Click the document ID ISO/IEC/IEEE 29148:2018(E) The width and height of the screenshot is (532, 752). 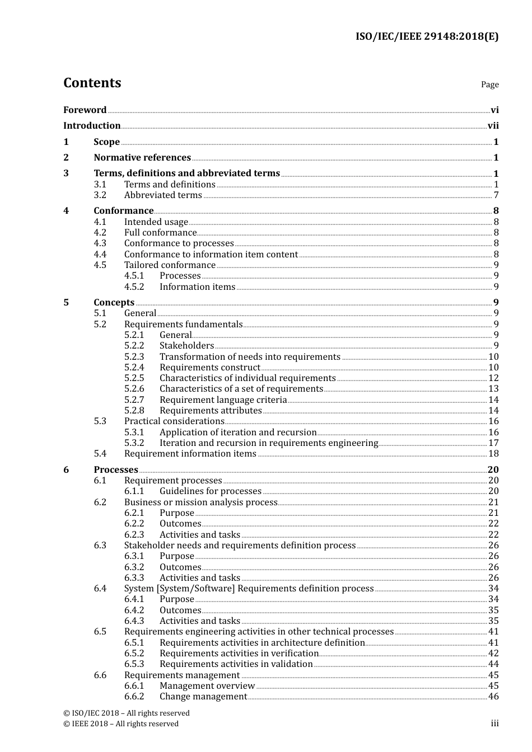[x=427, y=37]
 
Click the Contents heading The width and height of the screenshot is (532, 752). [x=92, y=83]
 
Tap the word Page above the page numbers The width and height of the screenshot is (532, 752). [x=489, y=84]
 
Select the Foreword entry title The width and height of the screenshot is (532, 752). [x=85, y=110]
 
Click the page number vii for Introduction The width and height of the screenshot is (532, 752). [x=493, y=126]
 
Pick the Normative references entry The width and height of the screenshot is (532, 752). [x=142, y=158]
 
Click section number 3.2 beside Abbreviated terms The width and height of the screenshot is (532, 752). [x=100, y=195]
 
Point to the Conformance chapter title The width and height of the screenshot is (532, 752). [x=123, y=211]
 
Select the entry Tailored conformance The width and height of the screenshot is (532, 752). [x=170, y=265]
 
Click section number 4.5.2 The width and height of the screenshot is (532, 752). [x=134, y=287]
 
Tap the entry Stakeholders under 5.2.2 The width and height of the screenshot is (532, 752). [x=186, y=346]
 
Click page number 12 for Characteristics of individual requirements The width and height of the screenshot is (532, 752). [x=493, y=378]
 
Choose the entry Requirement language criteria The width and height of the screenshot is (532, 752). [x=223, y=400]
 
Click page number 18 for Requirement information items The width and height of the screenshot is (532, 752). [x=493, y=454]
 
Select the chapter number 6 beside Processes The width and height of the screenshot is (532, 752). [x=66, y=470]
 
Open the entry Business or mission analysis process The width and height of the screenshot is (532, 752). [x=200, y=502]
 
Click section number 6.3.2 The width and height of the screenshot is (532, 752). [x=134, y=567]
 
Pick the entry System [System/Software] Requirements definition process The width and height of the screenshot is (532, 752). [x=249, y=589]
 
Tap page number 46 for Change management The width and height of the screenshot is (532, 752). [x=493, y=697]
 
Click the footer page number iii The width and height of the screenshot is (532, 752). [x=494, y=723]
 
